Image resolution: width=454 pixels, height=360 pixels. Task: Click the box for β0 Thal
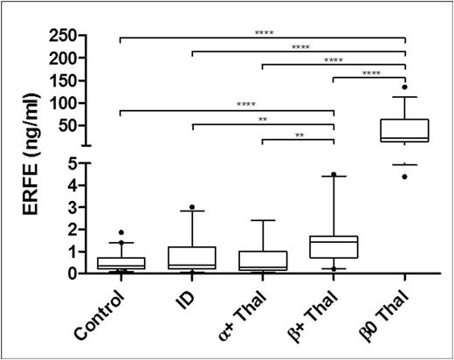pos(405,129)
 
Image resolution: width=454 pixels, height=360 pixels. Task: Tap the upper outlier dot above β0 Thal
pos(405,87)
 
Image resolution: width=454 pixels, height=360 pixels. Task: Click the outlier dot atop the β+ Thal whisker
pos(334,175)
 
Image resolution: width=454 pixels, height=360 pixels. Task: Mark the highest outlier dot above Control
pos(120,232)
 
